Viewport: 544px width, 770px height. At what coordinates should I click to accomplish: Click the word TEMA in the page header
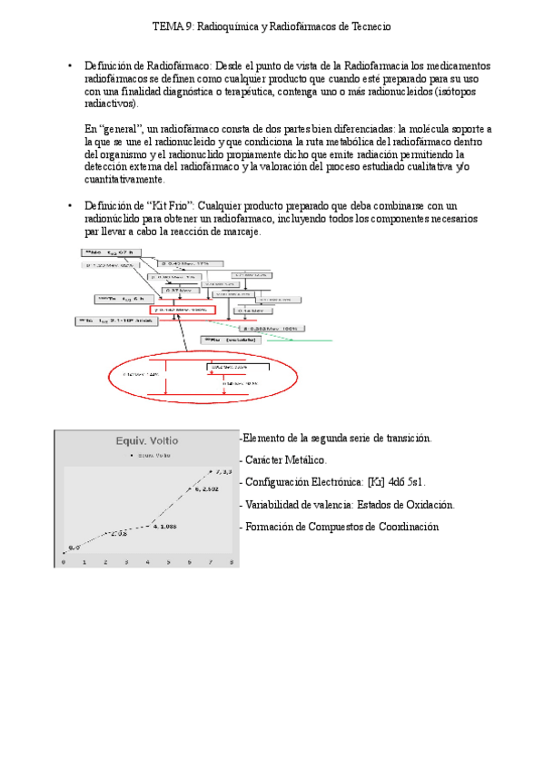[166, 27]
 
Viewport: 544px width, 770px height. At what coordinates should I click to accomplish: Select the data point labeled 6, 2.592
[190, 489]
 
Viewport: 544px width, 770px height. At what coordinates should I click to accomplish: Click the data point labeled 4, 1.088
[148, 525]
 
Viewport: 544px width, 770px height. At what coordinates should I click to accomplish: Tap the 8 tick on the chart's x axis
[232, 563]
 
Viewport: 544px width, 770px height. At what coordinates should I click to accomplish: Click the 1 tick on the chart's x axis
[84, 563]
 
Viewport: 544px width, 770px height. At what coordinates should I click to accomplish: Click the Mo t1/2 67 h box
[109, 252]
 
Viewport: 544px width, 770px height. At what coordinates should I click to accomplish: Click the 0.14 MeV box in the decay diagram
[251, 311]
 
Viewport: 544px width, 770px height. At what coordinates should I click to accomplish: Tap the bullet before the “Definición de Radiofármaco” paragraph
[70, 66]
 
